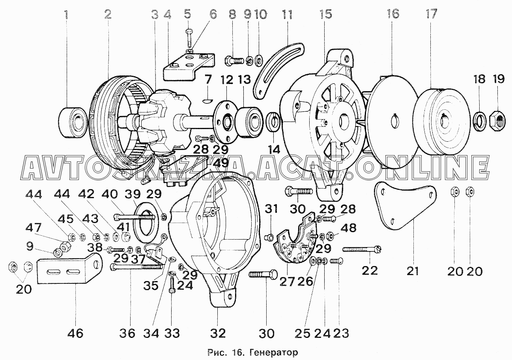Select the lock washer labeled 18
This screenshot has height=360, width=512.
pyautogui.click(x=480, y=121)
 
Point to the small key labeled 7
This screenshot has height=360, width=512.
pyautogui.click(x=208, y=101)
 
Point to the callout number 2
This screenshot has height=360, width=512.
pyautogui.click(x=108, y=15)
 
